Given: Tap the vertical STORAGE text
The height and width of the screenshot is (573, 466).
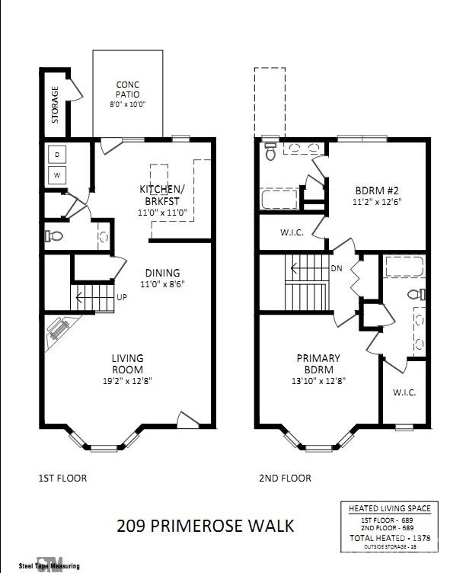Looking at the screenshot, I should tap(55, 104).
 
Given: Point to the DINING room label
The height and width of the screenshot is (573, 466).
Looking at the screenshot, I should tap(161, 273).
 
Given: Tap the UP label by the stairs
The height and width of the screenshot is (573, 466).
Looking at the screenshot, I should tap(121, 296).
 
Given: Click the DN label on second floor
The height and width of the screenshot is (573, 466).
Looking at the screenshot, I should tap(337, 268).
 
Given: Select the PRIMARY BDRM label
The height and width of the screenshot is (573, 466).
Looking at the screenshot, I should tap(318, 358).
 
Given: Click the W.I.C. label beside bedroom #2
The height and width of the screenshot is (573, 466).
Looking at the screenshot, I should tap(292, 232).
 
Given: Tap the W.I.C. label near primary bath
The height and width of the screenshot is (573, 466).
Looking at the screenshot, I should tap(404, 392).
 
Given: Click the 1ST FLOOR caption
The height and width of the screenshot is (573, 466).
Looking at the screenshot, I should tap(62, 479).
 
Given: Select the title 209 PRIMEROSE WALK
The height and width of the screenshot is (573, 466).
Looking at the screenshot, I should tap(205, 525).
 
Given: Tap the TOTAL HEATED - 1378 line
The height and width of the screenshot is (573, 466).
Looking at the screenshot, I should tap(389, 536).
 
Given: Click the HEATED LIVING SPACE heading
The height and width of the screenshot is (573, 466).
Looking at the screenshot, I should tap(389, 508).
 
